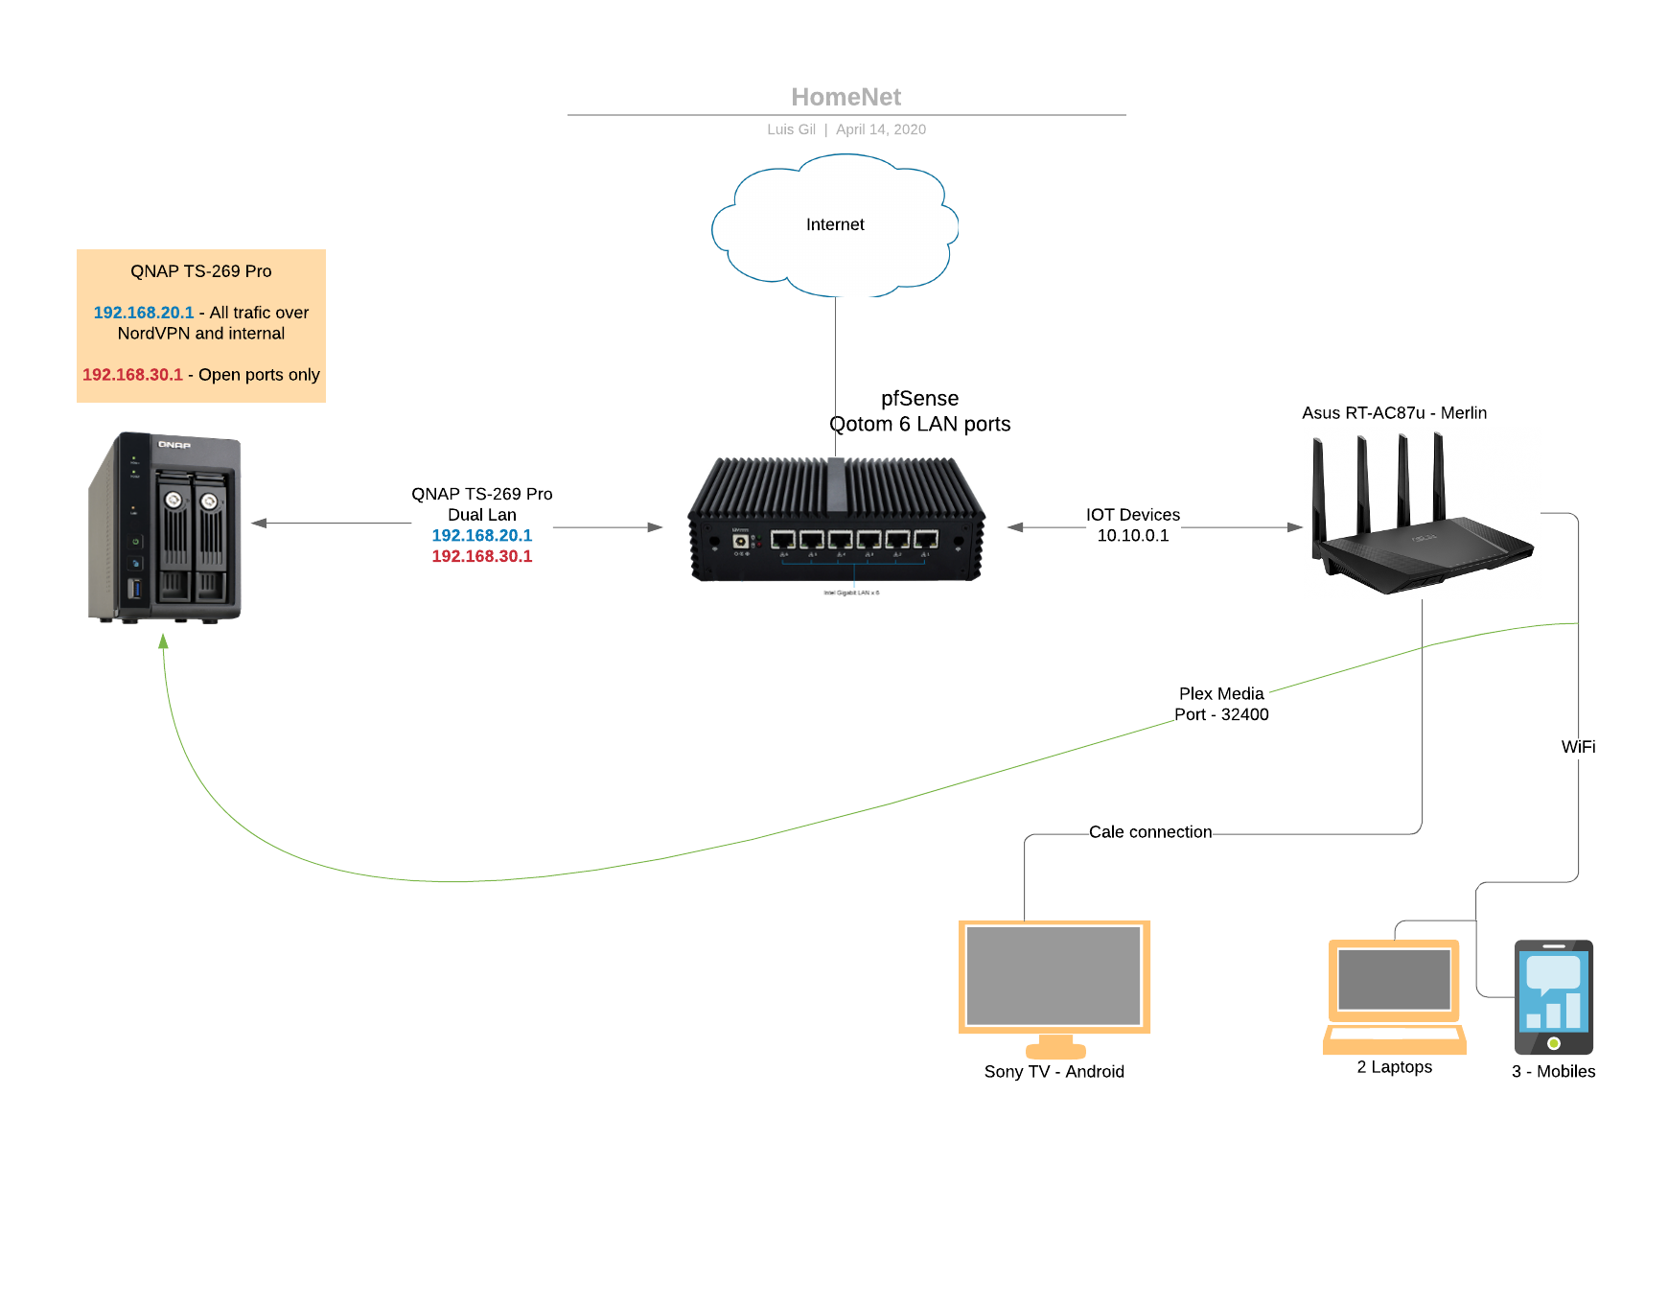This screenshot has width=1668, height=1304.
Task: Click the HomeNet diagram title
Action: [846, 97]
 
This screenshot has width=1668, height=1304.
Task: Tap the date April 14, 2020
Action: [880, 129]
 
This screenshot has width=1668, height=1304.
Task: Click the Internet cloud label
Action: [835, 224]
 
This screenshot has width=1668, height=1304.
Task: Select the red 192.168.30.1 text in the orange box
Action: [132, 375]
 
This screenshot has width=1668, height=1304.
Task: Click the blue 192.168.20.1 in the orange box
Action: [144, 313]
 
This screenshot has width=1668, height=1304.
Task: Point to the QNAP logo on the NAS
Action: [174, 445]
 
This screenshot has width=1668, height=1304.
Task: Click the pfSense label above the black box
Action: [919, 399]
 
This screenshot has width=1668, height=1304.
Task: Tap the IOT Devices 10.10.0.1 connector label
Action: [1133, 525]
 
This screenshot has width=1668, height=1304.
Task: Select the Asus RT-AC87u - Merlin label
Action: [1394, 413]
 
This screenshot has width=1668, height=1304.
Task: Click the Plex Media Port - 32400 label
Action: [1221, 704]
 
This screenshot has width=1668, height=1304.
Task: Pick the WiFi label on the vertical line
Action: [1578, 747]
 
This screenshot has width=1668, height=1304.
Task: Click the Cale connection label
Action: [1150, 832]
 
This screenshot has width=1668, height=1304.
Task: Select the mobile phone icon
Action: [1553, 997]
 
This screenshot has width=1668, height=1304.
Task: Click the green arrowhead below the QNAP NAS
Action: [164, 640]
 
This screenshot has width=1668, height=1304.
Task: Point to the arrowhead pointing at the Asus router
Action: [1294, 527]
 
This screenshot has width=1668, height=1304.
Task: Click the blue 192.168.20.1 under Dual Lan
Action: [481, 536]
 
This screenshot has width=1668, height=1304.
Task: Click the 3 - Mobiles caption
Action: [1553, 1072]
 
